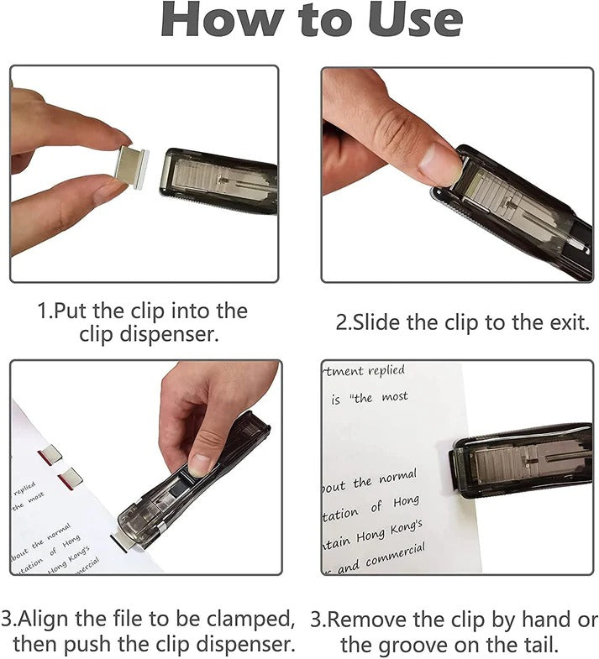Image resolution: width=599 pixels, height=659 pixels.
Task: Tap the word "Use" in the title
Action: (417, 21)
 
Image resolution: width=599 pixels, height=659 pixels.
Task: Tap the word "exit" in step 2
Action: (566, 322)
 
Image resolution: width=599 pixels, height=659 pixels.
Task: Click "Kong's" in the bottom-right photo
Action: (399, 528)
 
